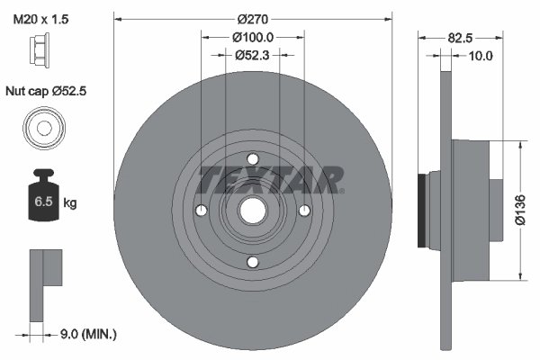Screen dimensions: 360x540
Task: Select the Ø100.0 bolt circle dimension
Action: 253,37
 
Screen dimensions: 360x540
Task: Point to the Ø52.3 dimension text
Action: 253,55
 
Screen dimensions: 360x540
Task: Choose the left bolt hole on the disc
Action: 202,211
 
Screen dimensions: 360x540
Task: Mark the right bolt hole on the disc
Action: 305,211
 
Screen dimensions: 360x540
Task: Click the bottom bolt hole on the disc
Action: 253,262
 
